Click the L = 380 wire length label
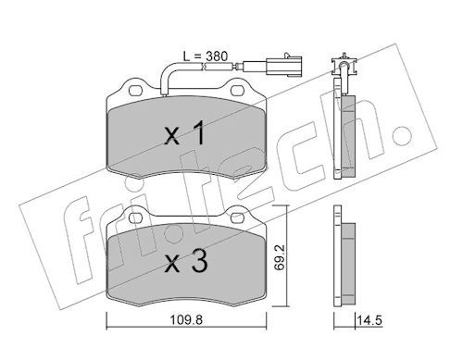[x=206, y=56]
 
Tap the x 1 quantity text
[x=184, y=133]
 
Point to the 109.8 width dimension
[x=186, y=320]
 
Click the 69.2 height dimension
[x=280, y=258]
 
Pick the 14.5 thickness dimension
[x=369, y=320]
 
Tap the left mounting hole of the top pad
[x=135, y=91]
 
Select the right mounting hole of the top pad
[x=237, y=91]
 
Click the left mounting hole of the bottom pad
[x=135, y=218]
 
